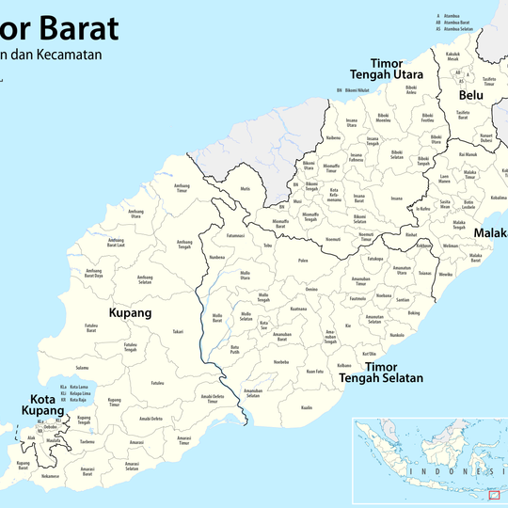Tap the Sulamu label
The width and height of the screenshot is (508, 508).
tap(82, 368)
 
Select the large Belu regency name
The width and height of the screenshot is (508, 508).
tap(470, 95)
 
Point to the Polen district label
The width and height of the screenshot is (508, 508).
tap(303, 261)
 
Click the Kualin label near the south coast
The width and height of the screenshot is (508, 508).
tap(307, 407)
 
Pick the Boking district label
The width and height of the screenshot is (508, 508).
tap(414, 312)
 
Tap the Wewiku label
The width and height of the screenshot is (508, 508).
tap(445, 274)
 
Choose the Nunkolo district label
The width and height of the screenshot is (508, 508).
tap(397, 335)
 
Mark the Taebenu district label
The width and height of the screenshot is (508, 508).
tap(87, 441)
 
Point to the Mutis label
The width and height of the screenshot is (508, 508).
tap(246, 189)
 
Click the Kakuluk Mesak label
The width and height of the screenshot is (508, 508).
tap(452, 56)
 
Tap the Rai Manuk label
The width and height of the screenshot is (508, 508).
tap(468, 154)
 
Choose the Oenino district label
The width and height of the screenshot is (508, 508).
tap(311, 289)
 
